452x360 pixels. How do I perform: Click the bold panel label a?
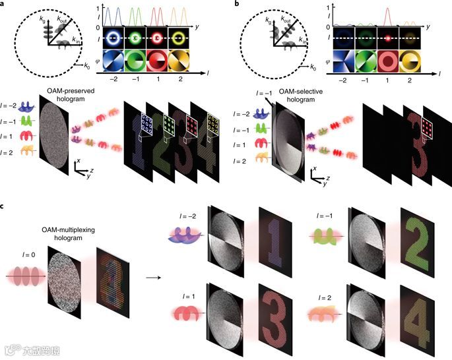tap(5, 5)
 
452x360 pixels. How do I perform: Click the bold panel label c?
tap(5, 206)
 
